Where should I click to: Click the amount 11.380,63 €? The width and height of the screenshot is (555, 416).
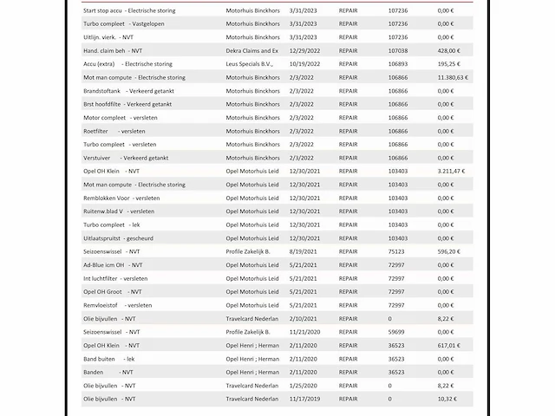452,77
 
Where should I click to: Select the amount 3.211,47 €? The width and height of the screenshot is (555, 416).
452,171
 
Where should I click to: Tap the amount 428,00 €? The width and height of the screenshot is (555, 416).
447,50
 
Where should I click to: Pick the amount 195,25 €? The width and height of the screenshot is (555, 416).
447,64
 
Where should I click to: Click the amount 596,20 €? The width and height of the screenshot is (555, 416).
447,251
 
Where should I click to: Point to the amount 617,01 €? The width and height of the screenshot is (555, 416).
447,345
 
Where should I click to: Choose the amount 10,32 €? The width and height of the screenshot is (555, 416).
446,399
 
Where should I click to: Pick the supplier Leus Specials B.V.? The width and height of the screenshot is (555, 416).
250,64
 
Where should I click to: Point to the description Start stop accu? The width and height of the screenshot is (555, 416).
102,10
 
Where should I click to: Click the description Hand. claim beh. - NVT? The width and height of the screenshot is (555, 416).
113,50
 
